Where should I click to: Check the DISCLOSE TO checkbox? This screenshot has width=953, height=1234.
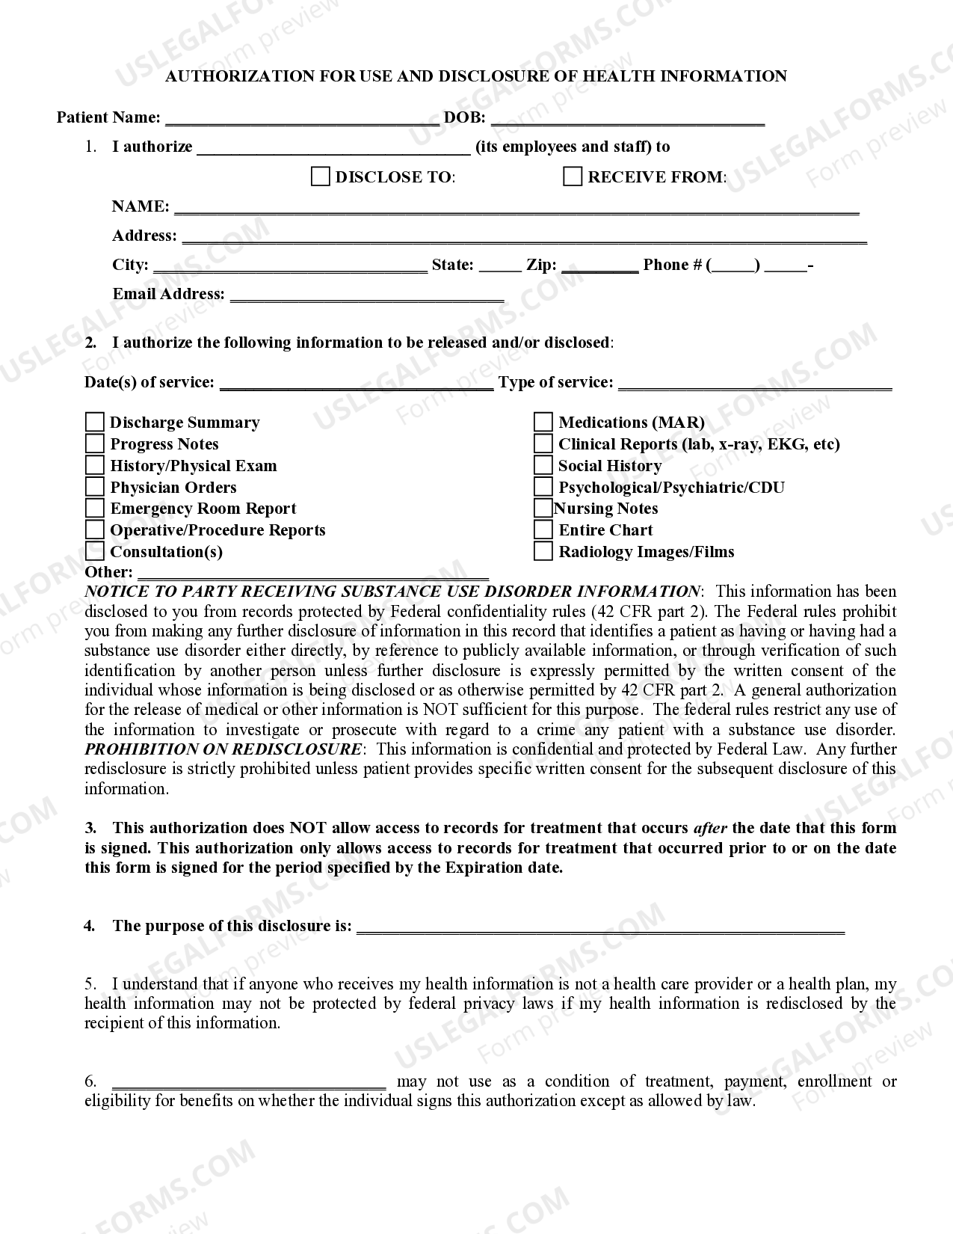320,176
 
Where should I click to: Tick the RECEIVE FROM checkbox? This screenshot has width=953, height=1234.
573,176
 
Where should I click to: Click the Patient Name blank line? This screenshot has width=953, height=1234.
302,118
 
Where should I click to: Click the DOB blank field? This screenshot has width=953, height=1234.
628,118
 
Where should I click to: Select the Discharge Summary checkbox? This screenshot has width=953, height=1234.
95,423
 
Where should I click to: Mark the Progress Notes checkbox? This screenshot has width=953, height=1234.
95,444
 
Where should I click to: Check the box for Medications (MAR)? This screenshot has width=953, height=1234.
543,423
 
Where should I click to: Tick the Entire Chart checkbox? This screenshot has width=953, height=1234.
543,530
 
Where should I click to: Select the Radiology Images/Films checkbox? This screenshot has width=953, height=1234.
543,552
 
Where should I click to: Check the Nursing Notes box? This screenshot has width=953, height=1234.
543,509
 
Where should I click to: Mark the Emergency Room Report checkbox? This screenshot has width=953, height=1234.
95,509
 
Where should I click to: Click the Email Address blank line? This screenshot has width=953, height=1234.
367,295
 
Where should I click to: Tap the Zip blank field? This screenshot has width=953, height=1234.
599,266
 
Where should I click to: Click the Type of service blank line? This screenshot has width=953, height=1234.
755,384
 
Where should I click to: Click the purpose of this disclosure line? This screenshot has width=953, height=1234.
600,927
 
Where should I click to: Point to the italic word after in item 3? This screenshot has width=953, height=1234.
710,828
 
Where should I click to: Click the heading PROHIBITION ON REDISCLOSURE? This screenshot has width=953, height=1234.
223,749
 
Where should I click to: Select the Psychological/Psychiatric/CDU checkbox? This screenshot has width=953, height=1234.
543,487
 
